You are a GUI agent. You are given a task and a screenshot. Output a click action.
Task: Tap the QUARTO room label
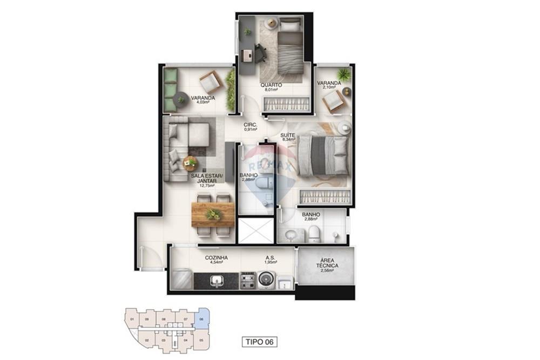pos(271,85)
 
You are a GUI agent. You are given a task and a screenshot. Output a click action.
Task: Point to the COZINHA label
pos(216,258)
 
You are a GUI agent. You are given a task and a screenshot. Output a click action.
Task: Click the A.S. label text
pos(271,258)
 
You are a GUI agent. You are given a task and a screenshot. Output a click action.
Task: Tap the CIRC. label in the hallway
pos(250,125)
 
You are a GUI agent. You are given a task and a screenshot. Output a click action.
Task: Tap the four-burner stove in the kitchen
pos(247,280)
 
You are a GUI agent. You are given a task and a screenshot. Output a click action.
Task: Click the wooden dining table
pos(213,214)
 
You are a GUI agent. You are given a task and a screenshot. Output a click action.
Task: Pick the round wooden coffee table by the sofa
pos(190,160)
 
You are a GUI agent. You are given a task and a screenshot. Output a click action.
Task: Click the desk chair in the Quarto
pos(260,53)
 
